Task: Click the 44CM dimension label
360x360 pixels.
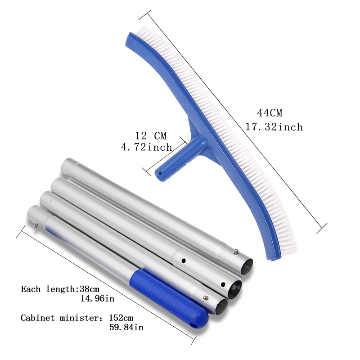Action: [x=270, y=113]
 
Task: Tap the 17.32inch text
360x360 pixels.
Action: [x=274, y=127]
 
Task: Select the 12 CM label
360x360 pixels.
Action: [x=151, y=136]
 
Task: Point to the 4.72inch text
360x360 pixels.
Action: [x=147, y=147]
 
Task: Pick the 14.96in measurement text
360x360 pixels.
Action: [x=97, y=298]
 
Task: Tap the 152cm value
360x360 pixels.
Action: [x=121, y=318]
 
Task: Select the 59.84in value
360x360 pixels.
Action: [x=126, y=327]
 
